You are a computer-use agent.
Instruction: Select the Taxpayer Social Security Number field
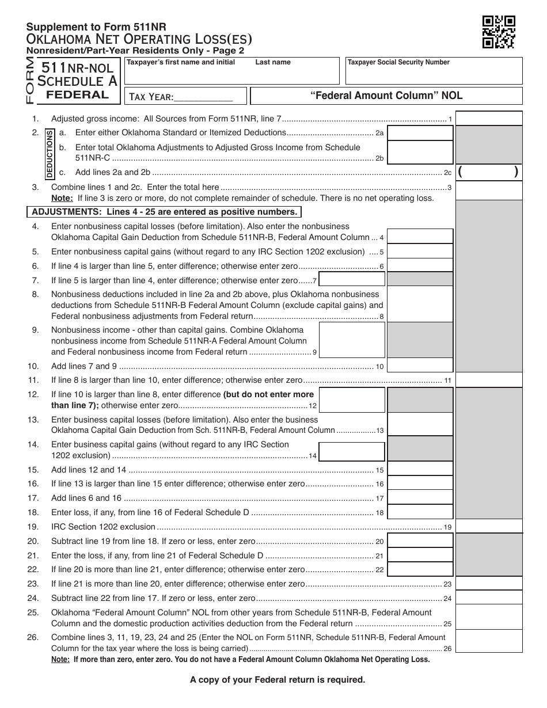(x=434, y=71)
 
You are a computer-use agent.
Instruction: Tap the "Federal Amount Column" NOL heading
(x=386, y=96)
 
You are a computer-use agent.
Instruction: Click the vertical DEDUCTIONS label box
(x=50, y=151)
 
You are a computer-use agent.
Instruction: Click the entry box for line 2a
(x=419, y=133)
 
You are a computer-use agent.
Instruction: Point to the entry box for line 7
(x=352, y=280)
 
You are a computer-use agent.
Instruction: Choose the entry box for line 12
(x=352, y=399)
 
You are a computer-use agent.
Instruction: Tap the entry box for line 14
(x=352, y=451)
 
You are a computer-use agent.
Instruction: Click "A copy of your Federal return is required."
(x=278, y=680)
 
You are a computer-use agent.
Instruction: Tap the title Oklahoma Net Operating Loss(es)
(x=139, y=39)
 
